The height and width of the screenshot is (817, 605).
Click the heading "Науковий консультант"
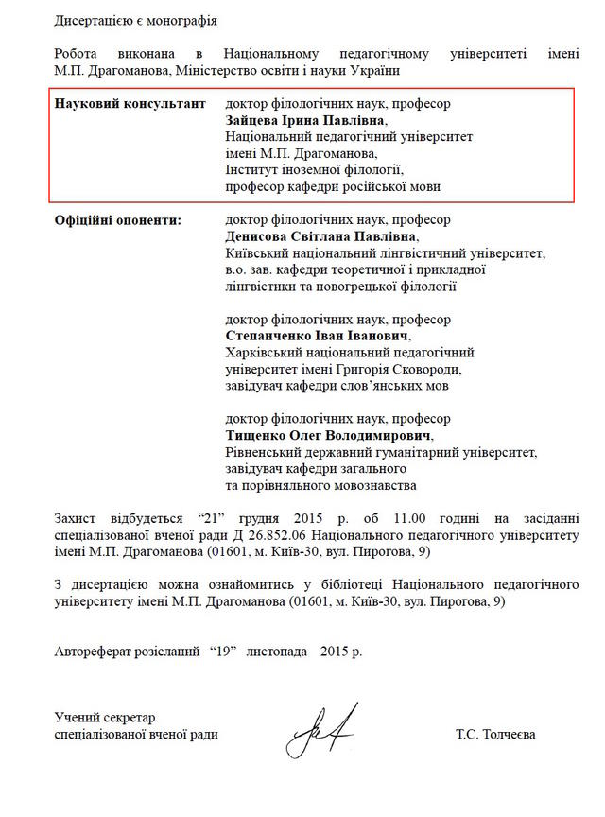(x=130, y=103)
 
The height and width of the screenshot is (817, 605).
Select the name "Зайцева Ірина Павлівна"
(x=306, y=120)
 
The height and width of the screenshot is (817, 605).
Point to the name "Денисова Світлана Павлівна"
(x=320, y=236)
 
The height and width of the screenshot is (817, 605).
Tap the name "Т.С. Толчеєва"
(x=495, y=734)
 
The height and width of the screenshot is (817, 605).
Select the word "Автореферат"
(x=94, y=652)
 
